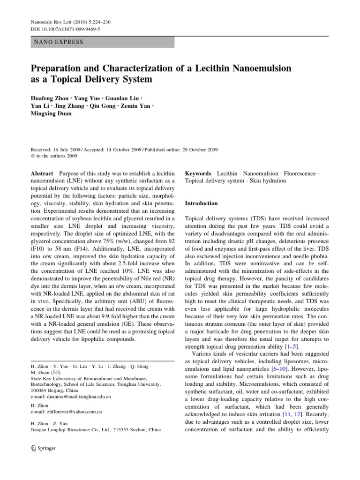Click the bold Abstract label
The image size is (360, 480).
click(x=41, y=173)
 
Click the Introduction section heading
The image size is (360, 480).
click(x=202, y=203)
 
